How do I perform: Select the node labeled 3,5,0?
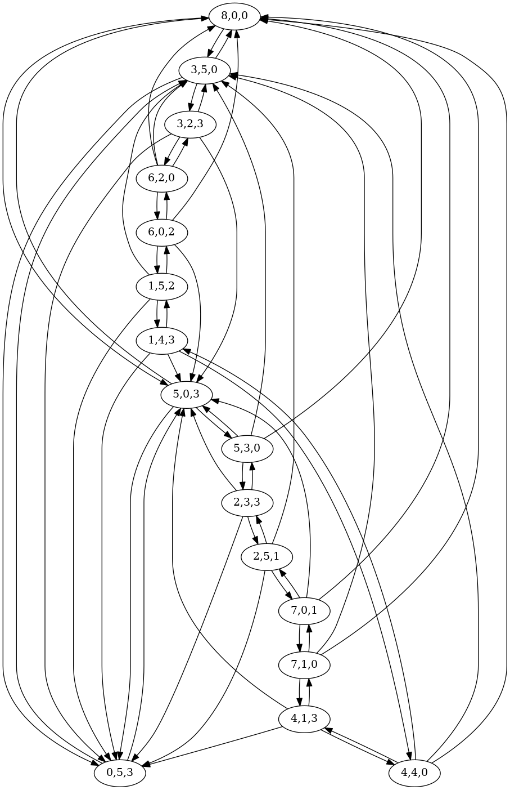pyautogui.click(x=204, y=70)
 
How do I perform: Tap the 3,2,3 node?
pyautogui.click(x=189, y=123)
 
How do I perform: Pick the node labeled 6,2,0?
pyautogui.click(x=161, y=178)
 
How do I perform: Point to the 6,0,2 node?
pyautogui.click(x=161, y=231)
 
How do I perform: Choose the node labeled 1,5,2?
pyautogui.click(x=161, y=285)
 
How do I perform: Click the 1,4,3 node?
pyautogui.click(x=161, y=340)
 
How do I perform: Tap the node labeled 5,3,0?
pyautogui.click(x=247, y=448)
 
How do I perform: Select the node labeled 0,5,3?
pyautogui.click(x=119, y=772)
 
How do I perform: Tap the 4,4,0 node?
pyautogui.click(x=414, y=772)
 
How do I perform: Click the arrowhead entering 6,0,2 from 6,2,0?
pyautogui.click(x=157, y=215)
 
